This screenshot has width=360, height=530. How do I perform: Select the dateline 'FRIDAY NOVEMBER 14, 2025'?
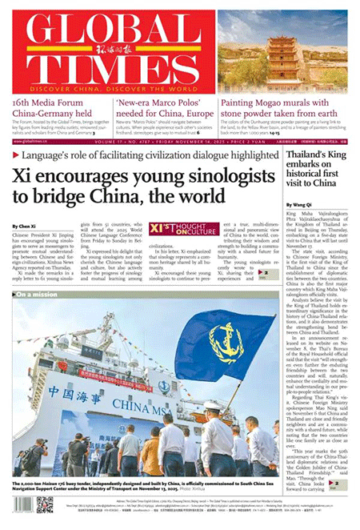pyautogui.click(x=200, y=139)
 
